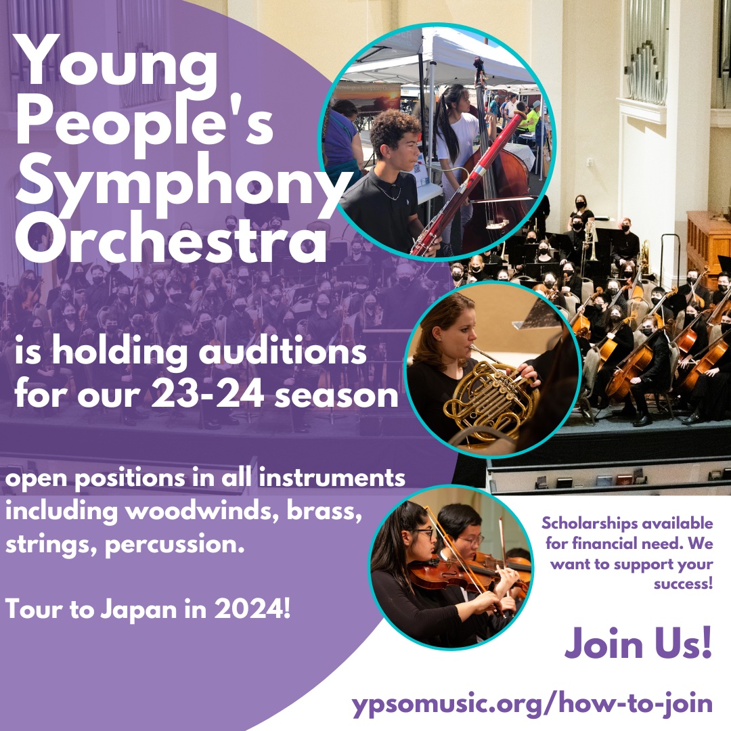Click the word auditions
point(286,351)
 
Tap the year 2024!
point(252,609)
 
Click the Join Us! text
point(638,643)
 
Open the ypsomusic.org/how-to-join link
point(532,704)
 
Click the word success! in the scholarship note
point(683,583)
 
